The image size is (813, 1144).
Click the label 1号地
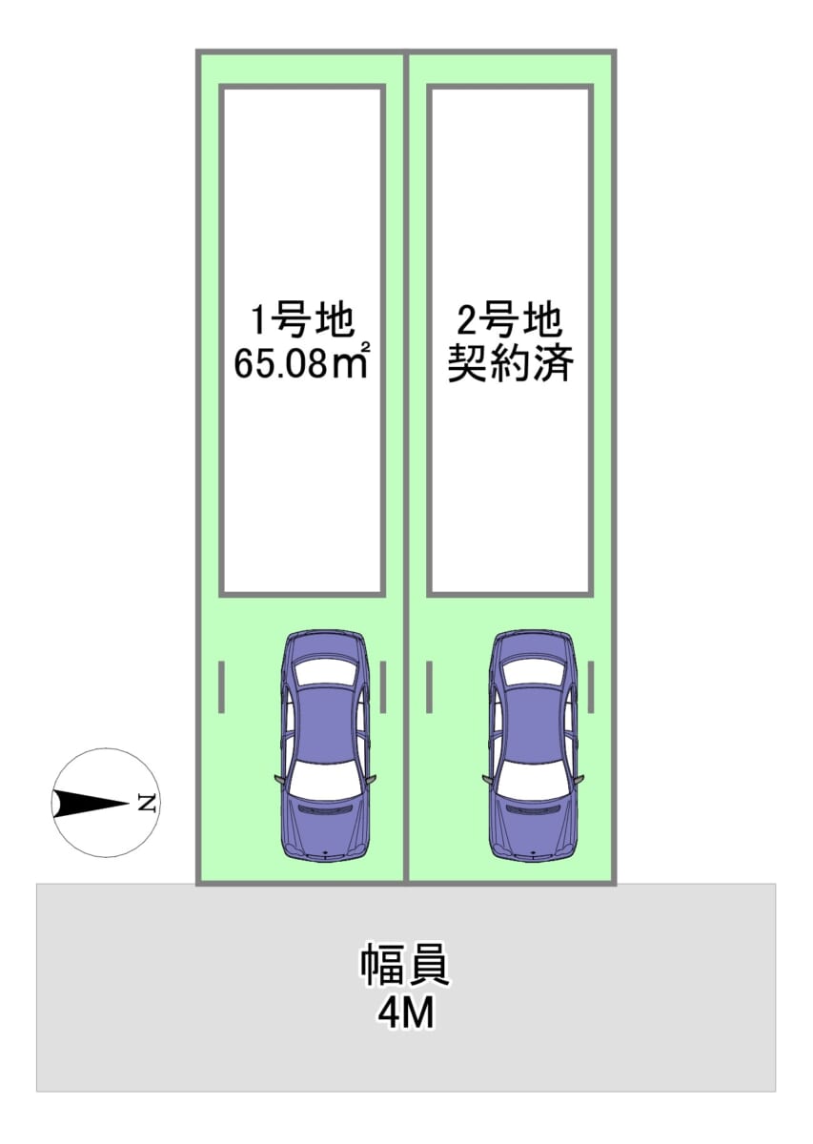point(302,321)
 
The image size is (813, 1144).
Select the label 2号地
point(510,321)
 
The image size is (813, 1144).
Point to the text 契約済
point(510,365)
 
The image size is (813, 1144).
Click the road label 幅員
point(405,967)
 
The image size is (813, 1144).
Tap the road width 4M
point(405,1014)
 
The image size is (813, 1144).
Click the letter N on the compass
point(146,803)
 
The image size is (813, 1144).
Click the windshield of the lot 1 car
point(324,784)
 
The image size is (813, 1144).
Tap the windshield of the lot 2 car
point(534,784)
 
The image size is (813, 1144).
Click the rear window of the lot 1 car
point(324,672)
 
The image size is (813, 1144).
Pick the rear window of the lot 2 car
point(534,672)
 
